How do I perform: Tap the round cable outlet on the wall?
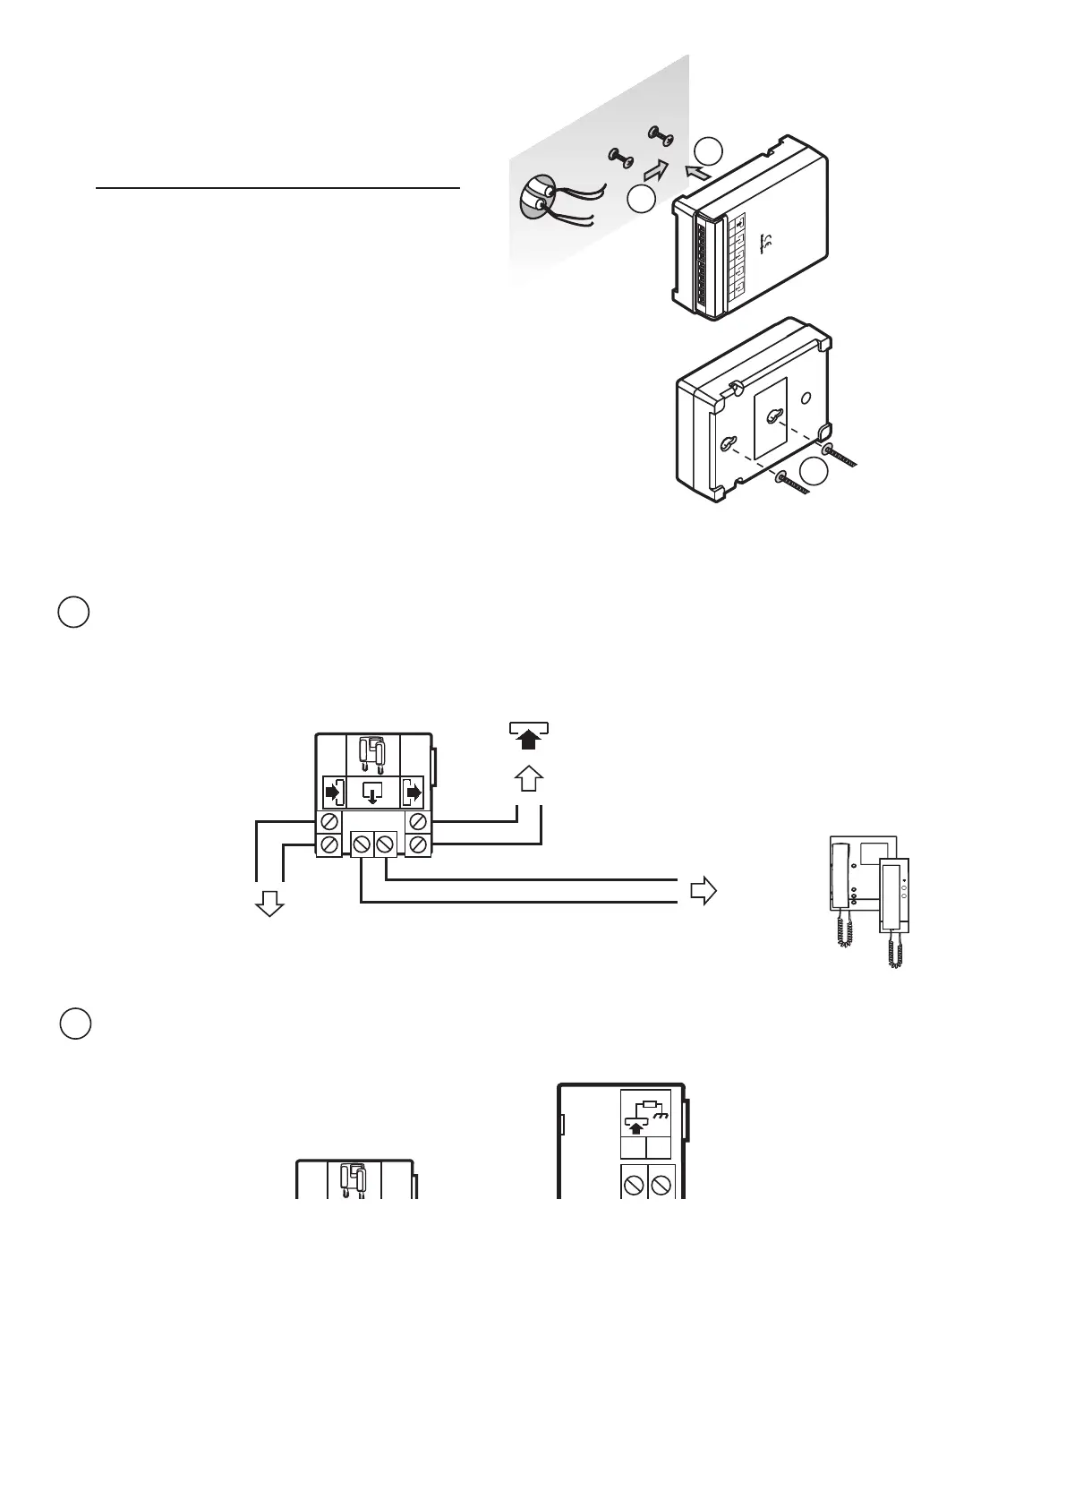pyautogui.click(x=535, y=195)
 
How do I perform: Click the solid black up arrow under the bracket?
pyautogui.click(x=529, y=739)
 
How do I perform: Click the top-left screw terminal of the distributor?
pyautogui.click(x=328, y=821)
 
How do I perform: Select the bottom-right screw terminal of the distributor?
pyautogui.click(x=416, y=844)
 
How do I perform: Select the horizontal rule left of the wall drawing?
pyautogui.click(x=277, y=189)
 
